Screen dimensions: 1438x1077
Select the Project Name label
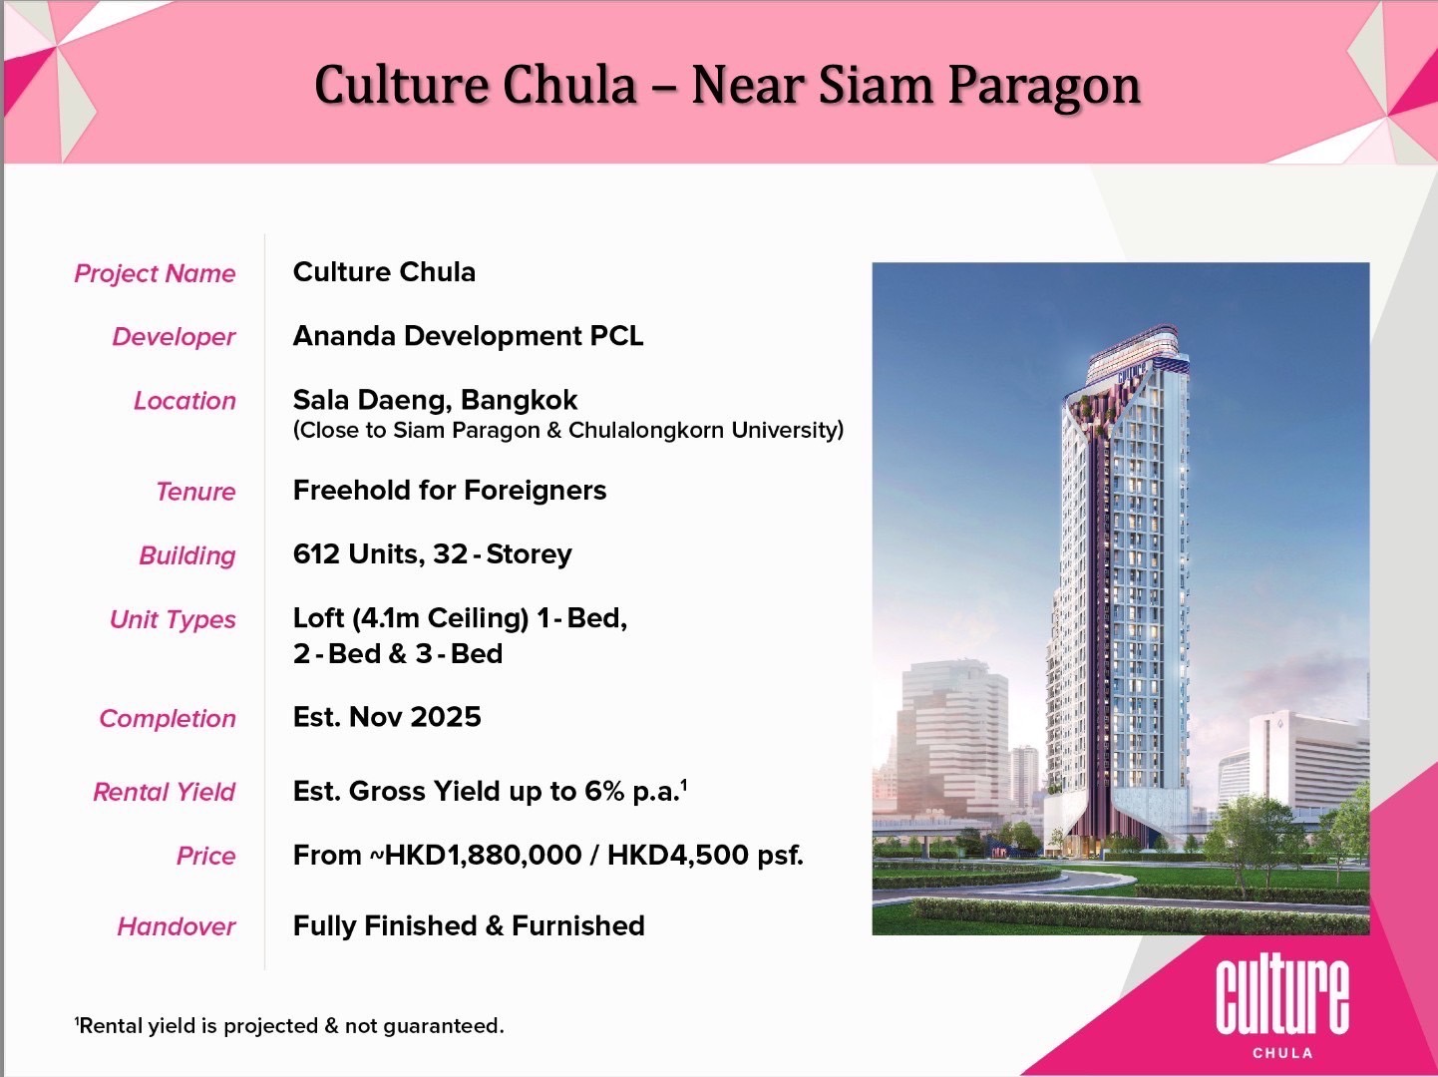[155, 273]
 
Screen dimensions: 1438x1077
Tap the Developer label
[174, 337]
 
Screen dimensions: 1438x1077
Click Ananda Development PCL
[468, 336]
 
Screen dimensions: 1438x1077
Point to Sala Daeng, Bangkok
[435, 400]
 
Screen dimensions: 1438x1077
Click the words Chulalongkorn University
[706, 430]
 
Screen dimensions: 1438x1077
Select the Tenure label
[195, 492]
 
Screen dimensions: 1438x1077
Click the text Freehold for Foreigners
[450, 490]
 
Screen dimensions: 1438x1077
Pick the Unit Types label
[173, 619]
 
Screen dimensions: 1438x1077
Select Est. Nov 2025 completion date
[387, 717]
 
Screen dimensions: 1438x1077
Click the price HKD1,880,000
[483, 855]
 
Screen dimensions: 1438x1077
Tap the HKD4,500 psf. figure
[705, 855]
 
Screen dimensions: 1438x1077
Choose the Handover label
[177, 926]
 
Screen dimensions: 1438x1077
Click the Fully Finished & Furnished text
[469, 925]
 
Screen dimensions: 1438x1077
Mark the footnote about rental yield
[289, 1025]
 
